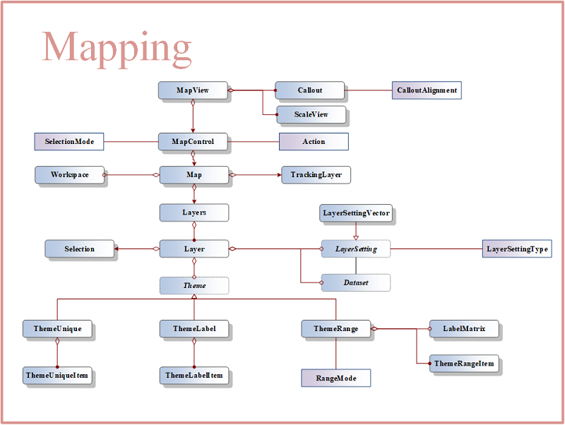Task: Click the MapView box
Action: coord(193,90)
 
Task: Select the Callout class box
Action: coord(309,90)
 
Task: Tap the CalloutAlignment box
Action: coord(427,90)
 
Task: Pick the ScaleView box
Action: coord(311,114)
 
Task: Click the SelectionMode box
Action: coord(69,141)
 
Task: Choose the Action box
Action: coord(314,141)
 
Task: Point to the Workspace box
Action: coord(69,174)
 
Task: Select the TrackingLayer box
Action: coord(316,174)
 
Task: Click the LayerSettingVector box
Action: coord(356,213)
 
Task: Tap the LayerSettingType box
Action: coord(517,249)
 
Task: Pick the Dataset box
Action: coord(356,282)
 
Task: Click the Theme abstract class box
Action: coord(194,286)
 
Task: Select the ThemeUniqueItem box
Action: coord(57,376)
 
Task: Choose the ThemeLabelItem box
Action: coord(194,376)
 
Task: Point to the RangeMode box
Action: coord(336,378)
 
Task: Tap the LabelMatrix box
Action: coord(464,328)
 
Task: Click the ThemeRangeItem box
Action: coord(464,364)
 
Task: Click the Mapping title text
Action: coord(117,49)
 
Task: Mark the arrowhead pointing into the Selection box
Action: coord(117,249)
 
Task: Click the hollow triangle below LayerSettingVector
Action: coord(356,238)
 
